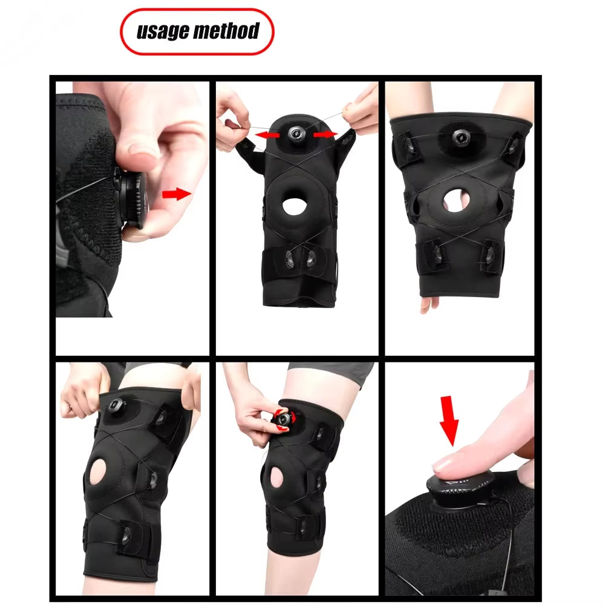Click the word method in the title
coord(226,31)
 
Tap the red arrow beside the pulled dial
coord(175,194)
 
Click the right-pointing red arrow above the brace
coord(325,134)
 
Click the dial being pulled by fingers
coord(132,200)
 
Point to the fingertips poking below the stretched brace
coord(428,304)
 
